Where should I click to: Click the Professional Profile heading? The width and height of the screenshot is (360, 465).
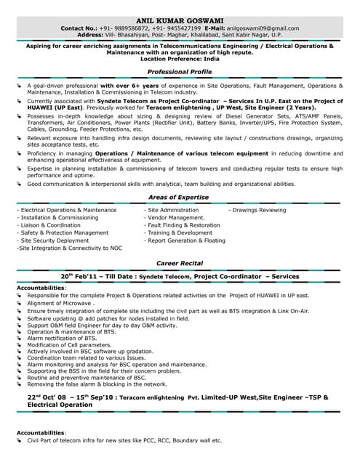[179, 73]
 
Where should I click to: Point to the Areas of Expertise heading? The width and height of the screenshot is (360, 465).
[179, 197]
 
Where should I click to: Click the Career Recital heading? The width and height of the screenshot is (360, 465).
[179, 263]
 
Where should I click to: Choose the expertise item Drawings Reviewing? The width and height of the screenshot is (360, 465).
[257, 210]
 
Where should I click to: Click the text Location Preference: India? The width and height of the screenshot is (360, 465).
[179, 60]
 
